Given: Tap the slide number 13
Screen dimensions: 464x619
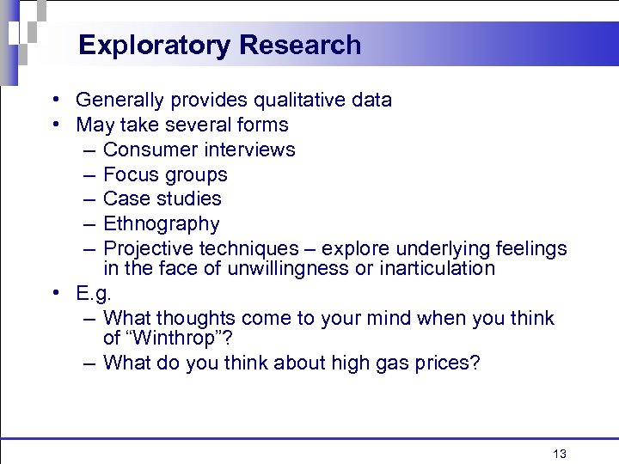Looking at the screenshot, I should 560,454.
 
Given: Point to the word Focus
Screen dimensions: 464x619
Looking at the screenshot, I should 130,175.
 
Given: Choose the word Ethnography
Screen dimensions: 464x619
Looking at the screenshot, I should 161,225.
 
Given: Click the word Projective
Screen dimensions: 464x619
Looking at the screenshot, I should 148,249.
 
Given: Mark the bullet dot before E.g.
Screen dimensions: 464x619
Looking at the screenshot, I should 54,293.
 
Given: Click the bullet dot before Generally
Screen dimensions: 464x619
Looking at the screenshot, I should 54,101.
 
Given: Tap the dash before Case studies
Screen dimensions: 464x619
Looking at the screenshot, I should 90,199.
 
